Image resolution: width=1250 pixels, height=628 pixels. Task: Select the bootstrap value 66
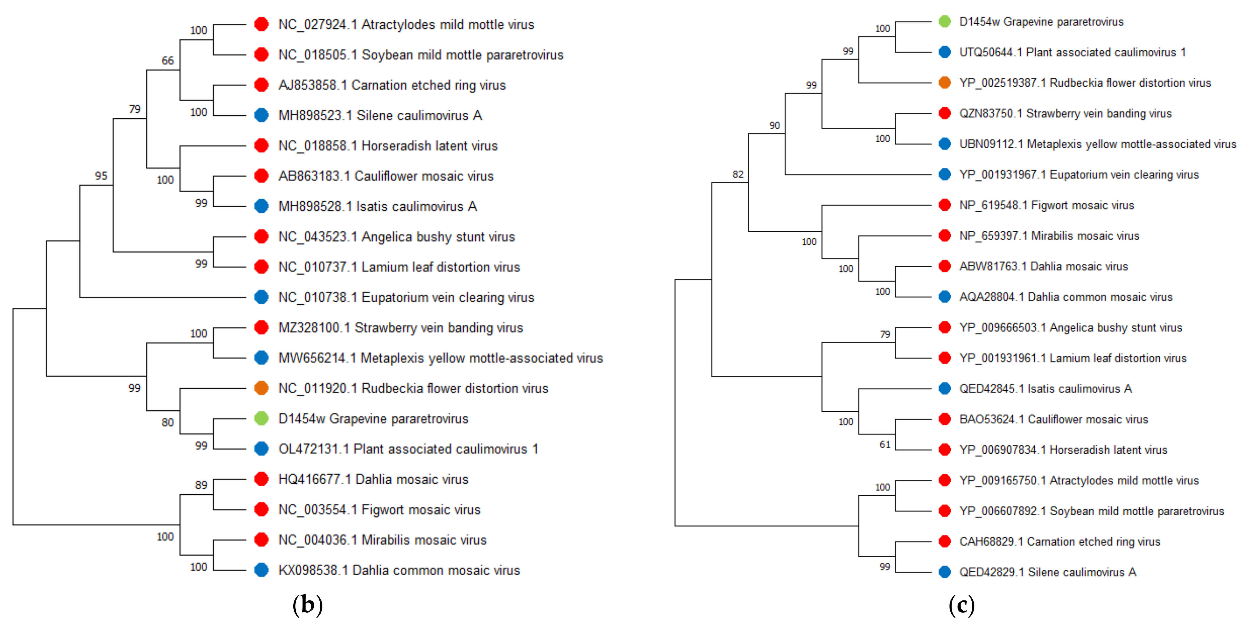167,61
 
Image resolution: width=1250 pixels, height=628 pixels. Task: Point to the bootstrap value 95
101,176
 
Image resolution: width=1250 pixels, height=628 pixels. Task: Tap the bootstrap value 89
201,485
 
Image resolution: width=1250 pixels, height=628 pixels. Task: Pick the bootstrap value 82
737,174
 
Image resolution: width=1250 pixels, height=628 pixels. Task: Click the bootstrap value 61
885,444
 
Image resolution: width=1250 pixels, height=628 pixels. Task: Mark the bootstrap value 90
774,125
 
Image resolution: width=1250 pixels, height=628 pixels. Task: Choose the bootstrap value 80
167,422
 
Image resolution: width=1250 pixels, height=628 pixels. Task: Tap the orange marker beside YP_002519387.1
944,83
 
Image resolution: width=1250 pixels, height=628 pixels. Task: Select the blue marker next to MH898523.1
262,115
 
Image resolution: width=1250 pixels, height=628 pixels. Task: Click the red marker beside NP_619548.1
944,205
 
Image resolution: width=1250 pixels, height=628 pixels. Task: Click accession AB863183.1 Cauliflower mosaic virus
386,176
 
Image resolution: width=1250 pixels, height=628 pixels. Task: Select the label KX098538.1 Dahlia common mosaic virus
399,570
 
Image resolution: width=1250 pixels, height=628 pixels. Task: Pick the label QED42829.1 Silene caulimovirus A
1048,572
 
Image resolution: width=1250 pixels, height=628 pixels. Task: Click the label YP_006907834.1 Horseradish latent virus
1063,450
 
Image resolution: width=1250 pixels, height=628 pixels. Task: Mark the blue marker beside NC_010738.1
262,297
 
